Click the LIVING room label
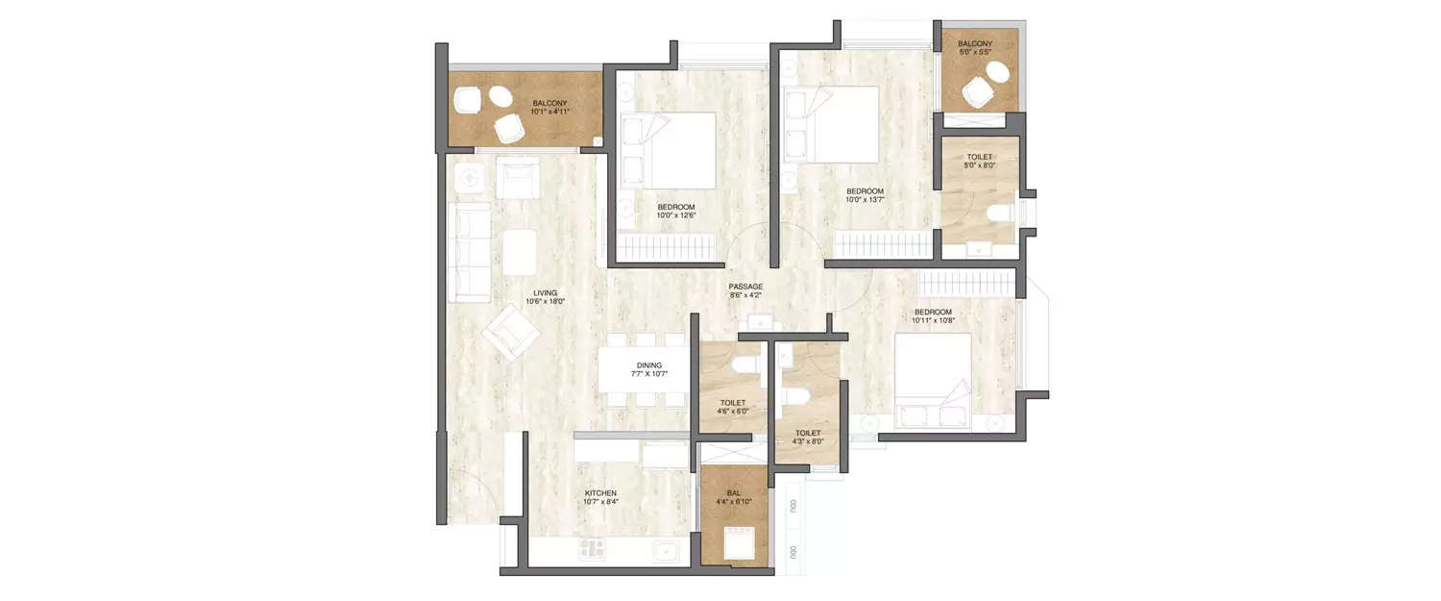(x=541, y=297)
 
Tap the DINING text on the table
(x=643, y=369)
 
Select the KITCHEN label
(x=600, y=498)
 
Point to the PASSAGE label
(x=745, y=290)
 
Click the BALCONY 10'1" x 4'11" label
(x=550, y=107)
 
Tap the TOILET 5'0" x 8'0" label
(x=980, y=161)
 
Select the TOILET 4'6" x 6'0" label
(x=732, y=407)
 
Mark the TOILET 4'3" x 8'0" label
(x=806, y=438)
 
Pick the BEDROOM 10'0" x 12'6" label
(x=676, y=212)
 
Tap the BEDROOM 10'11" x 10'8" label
(x=932, y=316)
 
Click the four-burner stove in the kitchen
(x=591, y=550)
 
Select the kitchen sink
(x=665, y=552)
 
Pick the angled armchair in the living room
(x=509, y=333)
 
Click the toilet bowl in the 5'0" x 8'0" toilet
(x=999, y=213)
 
